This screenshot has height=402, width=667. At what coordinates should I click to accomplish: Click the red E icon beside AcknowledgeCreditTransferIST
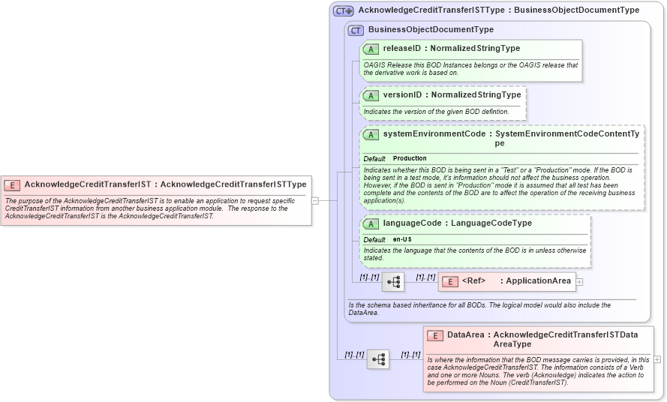pyautogui.click(x=12, y=184)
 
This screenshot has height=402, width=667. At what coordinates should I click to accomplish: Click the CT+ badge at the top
pyautogui.click(x=344, y=10)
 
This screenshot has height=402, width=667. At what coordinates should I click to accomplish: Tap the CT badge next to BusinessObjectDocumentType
pyautogui.click(x=356, y=30)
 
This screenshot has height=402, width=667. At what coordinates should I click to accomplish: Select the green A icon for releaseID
pyautogui.click(x=371, y=49)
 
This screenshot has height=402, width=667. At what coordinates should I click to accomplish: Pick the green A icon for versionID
pyautogui.click(x=371, y=95)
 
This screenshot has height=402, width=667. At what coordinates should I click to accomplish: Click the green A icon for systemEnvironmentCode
pyautogui.click(x=371, y=135)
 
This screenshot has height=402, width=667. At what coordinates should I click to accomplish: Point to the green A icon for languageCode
pyautogui.click(x=371, y=223)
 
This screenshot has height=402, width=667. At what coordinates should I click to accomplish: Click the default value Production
pyautogui.click(x=410, y=159)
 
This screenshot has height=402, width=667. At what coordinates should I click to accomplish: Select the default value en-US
pyautogui.click(x=402, y=239)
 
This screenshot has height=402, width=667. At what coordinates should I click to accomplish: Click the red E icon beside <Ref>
pyautogui.click(x=450, y=281)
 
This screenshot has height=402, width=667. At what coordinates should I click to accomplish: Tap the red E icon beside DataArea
pyautogui.click(x=435, y=335)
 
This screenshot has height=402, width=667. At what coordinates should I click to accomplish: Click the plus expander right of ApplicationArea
pyautogui.click(x=579, y=282)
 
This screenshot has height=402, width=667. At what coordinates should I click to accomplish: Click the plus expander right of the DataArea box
pyautogui.click(x=657, y=359)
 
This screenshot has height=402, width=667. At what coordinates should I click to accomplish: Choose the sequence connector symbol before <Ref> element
pyautogui.click(x=393, y=282)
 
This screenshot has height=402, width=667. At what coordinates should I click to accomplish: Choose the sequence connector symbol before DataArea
pyautogui.click(x=378, y=359)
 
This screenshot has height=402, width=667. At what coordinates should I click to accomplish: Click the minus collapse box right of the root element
pyautogui.click(x=315, y=200)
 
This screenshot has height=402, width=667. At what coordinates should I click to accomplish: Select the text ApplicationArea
pyautogui.click(x=539, y=281)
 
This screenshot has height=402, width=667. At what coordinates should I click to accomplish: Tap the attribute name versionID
pyautogui.click(x=403, y=95)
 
